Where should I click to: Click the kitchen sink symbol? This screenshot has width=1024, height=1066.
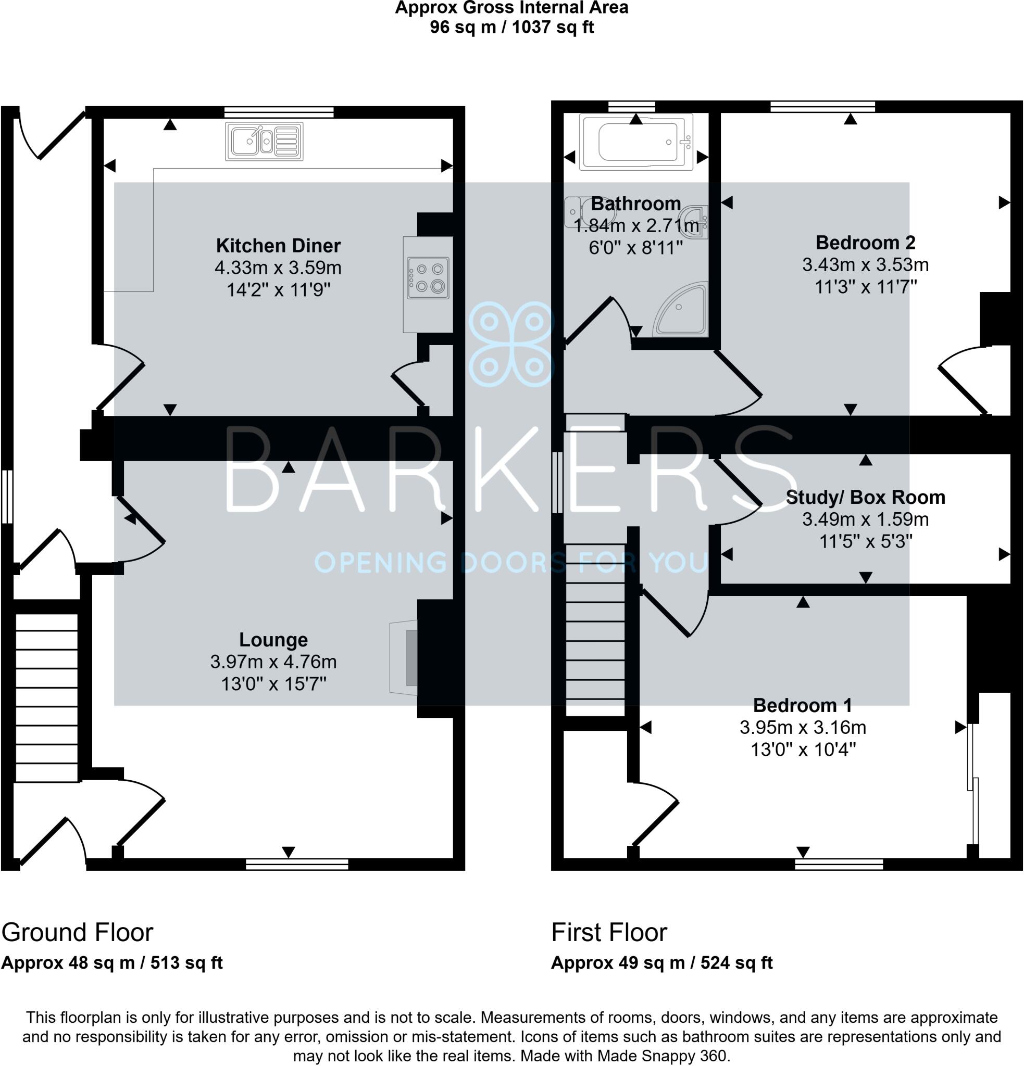264,142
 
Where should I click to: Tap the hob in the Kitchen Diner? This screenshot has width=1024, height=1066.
428,278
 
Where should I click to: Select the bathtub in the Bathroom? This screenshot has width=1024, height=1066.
636,142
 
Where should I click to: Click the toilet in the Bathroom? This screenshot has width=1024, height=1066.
576,213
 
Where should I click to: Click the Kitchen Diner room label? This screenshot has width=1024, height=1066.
278,246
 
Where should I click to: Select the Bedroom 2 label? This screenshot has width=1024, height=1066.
865,243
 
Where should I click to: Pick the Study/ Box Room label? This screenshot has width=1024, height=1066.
865,497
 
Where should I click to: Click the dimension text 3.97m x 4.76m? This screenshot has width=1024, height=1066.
273,662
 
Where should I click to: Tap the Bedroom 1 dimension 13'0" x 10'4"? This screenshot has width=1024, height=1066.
803,750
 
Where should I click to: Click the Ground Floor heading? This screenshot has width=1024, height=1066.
77,933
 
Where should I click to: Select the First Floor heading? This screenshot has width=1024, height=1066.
609,933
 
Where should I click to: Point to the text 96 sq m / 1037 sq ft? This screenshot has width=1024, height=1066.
511,27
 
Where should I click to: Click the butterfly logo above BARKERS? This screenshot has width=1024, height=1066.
511,344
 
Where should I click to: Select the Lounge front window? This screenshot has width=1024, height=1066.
297,864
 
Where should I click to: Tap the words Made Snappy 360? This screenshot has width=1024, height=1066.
662,1056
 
